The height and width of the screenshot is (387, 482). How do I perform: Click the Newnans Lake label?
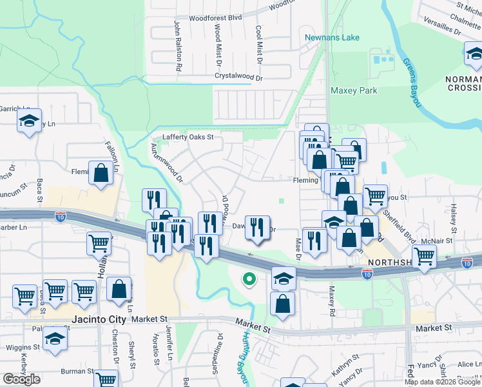pyautogui.click(x=332, y=37)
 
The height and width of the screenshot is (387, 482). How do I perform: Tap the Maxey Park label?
pyautogui.click(x=354, y=91)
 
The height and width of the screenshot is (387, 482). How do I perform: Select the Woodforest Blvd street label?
pyautogui.click(x=215, y=18)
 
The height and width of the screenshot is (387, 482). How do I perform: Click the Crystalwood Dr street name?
pyautogui.click(x=238, y=77)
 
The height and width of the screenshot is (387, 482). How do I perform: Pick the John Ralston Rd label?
pyautogui.click(x=177, y=45)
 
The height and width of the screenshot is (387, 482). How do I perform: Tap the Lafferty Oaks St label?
pyautogui.click(x=188, y=137)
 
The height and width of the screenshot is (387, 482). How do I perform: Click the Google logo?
pyautogui.click(x=21, y=379)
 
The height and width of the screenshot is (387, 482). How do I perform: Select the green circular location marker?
pyautogui.click(x=248, y=279)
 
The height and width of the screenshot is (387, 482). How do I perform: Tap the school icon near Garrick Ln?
pyautogui.click(x=29, y=121)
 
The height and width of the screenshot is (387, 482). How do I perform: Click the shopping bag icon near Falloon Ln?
pyautogui.click(x=101, y=173)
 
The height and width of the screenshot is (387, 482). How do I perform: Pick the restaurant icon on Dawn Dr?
pyautogui.click(x=257, y=227)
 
